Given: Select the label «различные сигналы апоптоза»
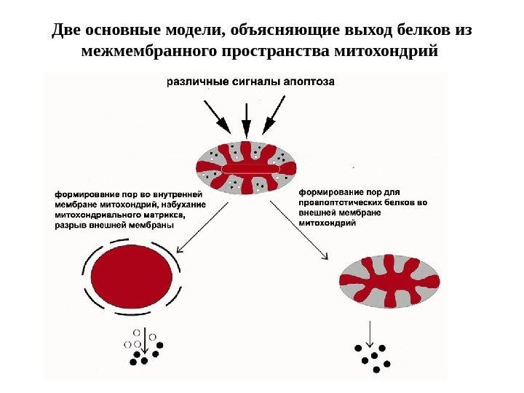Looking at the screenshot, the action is [251, 82].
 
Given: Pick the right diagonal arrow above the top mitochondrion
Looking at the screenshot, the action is [274, 116].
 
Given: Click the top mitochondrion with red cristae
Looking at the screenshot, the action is [247, 168].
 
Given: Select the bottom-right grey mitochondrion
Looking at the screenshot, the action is [390, 280].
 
